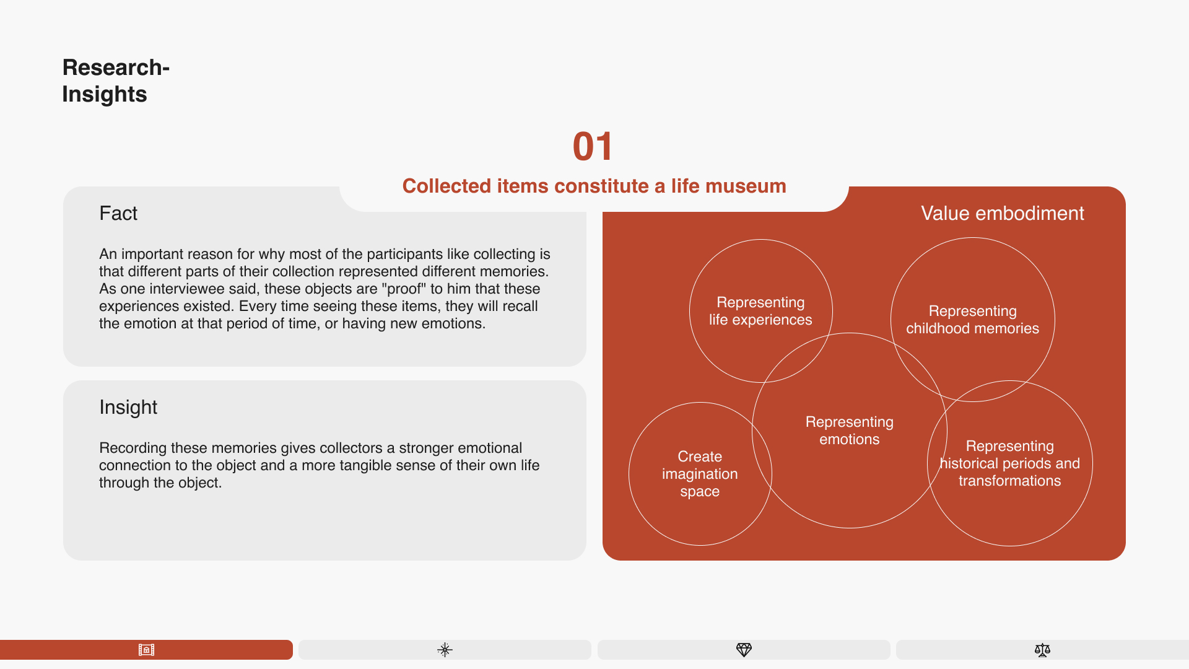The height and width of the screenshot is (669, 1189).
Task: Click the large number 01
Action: [593, 147]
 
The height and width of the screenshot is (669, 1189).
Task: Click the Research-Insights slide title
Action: [116, 81]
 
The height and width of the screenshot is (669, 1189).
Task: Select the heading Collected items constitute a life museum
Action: [594, 186]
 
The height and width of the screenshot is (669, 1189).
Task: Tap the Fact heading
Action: [118, 213]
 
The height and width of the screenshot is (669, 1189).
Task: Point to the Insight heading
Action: [128, 407]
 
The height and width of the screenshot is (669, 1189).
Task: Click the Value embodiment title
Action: [1002, 213]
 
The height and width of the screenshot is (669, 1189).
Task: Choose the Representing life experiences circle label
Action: [760, 311]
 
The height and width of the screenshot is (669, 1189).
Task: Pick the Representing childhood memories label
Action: [972, 320]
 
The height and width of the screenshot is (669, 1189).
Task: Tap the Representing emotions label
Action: [849, 431]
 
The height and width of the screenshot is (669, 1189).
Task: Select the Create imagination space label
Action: [700, 474]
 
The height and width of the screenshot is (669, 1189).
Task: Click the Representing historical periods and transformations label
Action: [1009, 463]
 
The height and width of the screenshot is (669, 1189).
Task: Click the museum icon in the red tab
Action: [146, 650]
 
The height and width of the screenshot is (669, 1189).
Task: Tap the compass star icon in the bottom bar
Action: [445, 650]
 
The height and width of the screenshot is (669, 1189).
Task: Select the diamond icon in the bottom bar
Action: [744, 650]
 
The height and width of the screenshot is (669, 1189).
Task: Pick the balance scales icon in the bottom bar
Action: [1042, 650]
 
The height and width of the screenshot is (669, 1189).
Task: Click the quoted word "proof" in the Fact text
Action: [407, 289]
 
